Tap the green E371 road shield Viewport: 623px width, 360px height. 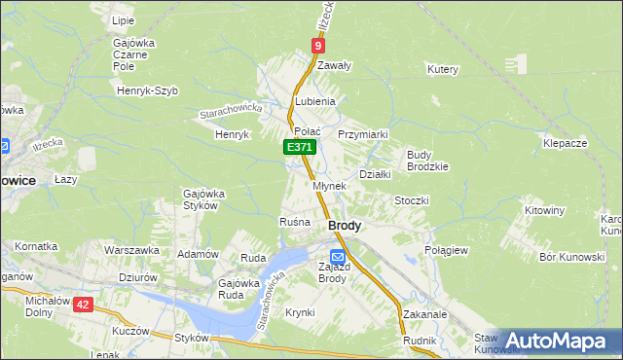[300, 147]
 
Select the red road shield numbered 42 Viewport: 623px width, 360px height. [82, 304]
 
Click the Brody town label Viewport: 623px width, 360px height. [345, 225]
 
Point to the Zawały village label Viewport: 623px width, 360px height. [334, 65]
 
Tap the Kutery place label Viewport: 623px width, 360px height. [442, 69]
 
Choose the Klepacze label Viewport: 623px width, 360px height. [565, 143]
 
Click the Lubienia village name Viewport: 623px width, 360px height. [314, 101]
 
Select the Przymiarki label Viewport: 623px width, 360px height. [363, 134]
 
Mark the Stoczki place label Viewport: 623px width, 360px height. [411, 200]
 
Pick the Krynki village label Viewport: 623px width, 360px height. [300, 312]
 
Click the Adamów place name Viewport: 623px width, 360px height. [196, 253]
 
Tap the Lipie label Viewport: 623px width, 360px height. [123, 19]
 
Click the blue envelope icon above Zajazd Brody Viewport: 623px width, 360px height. [337, 256]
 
